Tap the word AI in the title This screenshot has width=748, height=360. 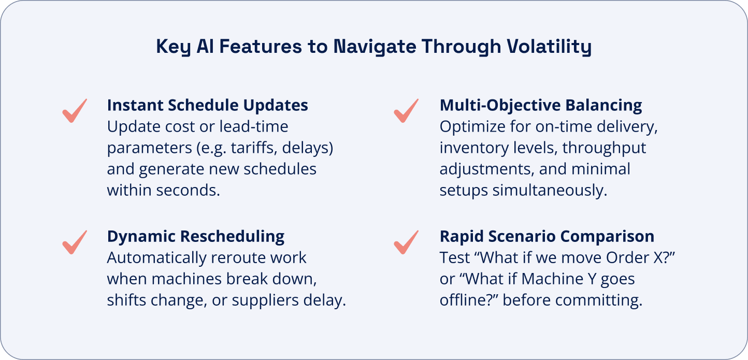click(205, 46)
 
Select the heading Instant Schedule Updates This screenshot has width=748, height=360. click(207, 105)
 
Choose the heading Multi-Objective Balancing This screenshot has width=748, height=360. click(541, 105)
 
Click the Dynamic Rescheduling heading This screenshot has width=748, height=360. click(196, 236)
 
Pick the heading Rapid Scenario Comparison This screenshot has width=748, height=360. click(547, 236)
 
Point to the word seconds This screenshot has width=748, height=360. click(188, 190)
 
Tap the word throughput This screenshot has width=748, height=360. click(604, 148)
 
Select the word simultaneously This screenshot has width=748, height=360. click(550, 191)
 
